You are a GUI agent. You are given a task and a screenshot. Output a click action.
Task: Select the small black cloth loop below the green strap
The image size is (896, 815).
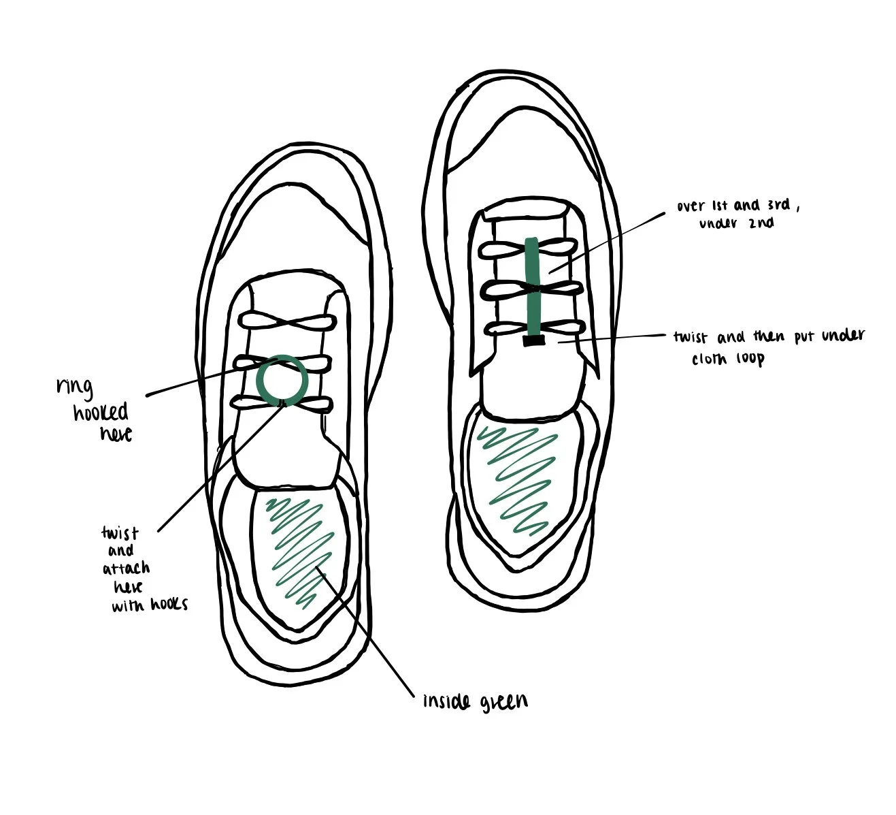(532, 340)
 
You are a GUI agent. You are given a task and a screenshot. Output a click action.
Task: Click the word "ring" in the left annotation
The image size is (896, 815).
(74, 386)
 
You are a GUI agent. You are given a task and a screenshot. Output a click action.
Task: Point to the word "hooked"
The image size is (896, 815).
(101, 412)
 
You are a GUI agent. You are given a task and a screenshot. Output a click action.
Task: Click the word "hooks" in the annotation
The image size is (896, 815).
(165, 604)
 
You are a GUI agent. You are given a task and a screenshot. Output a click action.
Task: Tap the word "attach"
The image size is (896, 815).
(127, 568)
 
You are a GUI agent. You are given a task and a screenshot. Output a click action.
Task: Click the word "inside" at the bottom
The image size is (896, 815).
(446, 701)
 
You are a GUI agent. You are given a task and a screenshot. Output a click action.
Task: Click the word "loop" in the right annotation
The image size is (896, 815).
(748, 358)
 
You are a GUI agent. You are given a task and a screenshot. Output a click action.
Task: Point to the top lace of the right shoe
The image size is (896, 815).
(532, 249)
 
